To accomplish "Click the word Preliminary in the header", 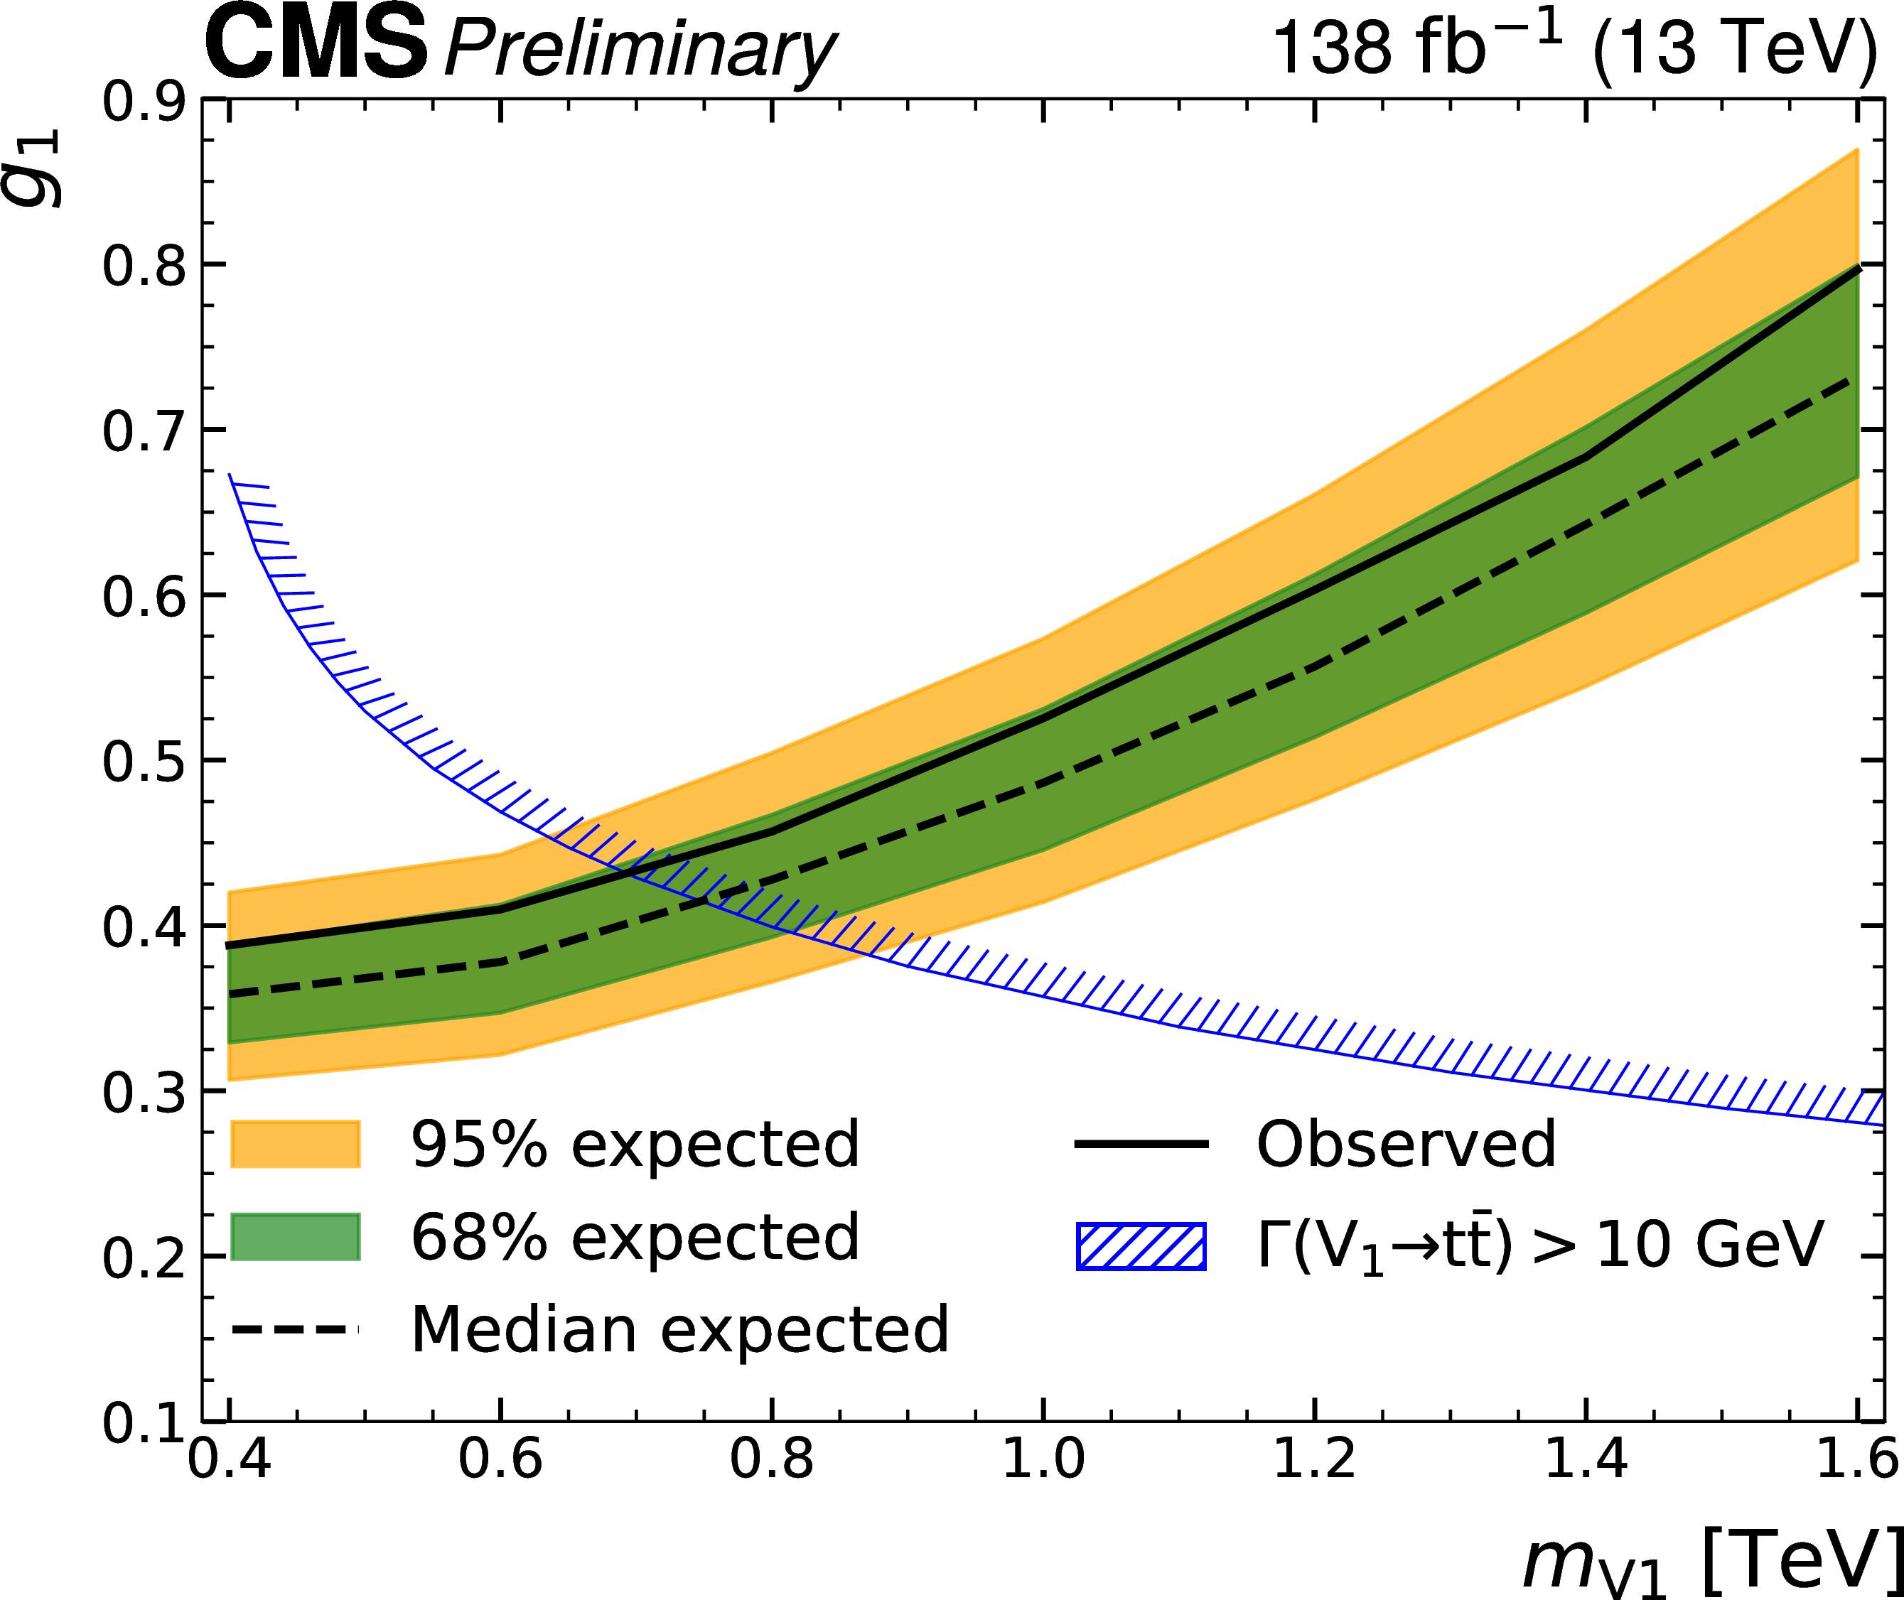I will (x=640, y=49).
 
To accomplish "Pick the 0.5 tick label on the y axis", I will (x=144, y=761).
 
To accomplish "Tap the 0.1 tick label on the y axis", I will (x=144, y=1422).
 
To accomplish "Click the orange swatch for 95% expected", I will (x=296, y=1144).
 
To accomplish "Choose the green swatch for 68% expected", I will (x=296, y=1236).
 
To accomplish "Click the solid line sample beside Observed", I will (x=1141, y=1144).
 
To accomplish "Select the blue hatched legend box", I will (x=1141, y=1245).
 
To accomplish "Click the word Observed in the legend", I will (x=1406, y=1144).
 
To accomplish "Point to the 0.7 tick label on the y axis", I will (x=144, y=431).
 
